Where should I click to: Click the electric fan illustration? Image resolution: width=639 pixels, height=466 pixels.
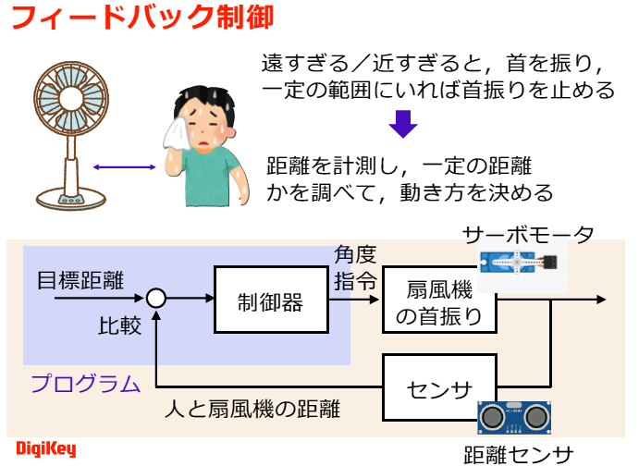[70, 129]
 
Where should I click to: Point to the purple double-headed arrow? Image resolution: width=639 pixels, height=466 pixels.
[123, 167]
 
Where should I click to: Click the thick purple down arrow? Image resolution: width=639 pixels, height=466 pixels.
[399, 123]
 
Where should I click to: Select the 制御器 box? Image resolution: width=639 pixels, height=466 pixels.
[270, 300]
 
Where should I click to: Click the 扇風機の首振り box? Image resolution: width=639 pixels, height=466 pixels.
[438, 300]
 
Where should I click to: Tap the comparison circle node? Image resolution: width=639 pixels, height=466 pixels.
[156, 298]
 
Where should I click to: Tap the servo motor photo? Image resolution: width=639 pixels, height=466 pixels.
[519, 266]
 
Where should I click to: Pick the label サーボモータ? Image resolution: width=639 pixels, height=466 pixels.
[528, 234]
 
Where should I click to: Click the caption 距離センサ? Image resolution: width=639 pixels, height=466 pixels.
[518, 454]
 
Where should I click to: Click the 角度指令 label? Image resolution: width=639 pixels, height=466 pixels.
[354, 268]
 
